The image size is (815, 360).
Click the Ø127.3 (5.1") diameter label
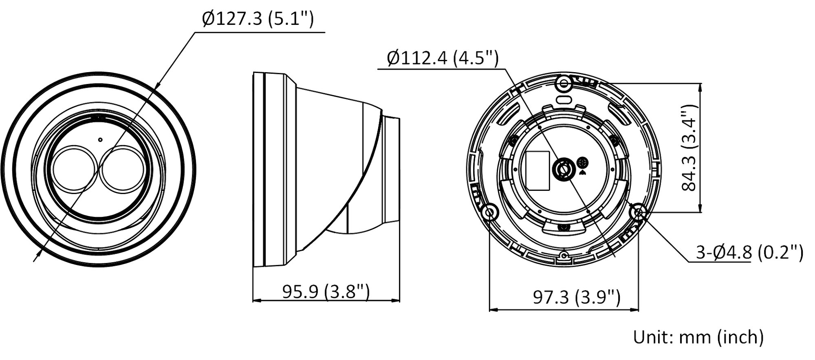click(258, 19)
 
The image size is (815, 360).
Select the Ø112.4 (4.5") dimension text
click(443, 58)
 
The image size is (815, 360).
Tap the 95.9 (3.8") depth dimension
click(326, 292)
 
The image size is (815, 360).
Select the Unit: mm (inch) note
click(698, 337)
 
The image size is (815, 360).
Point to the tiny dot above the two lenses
click(100, 139)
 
